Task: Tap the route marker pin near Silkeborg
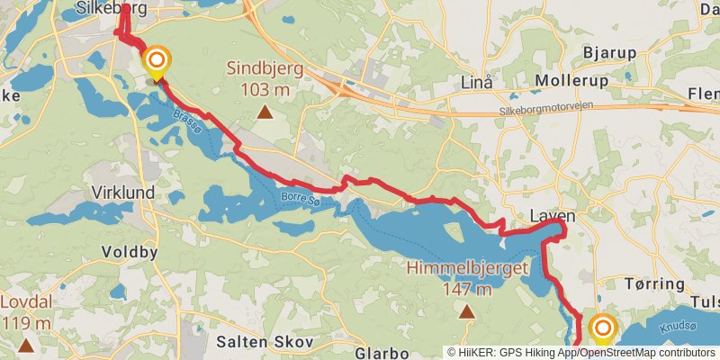157,62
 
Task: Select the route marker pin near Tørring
601,328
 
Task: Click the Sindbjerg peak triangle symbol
265,112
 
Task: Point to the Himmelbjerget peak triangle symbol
466,312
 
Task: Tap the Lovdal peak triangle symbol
27,345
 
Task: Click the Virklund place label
122,193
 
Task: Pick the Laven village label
552,217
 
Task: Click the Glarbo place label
382,353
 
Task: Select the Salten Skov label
265,342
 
